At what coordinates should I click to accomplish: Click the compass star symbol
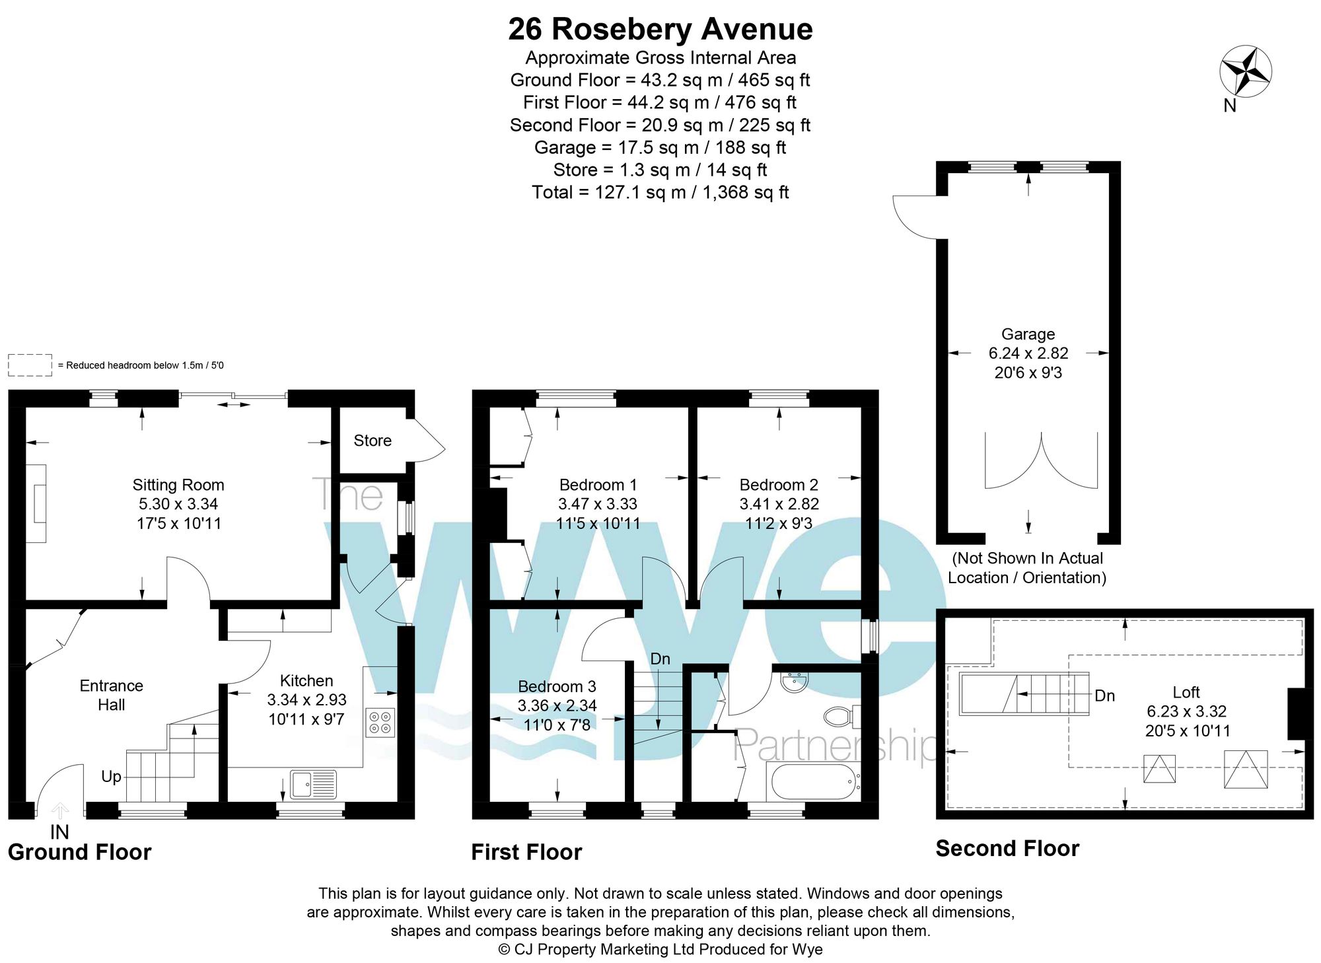coord(1245,71)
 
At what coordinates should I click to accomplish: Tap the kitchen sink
coord(314,784)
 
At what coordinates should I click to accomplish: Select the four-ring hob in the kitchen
coord(380,722)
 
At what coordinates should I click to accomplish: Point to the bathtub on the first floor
coord(812,781)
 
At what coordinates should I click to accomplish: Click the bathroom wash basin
coord(794,682)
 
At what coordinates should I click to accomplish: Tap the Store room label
coord(373,441)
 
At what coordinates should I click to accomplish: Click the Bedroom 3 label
coord(557,686)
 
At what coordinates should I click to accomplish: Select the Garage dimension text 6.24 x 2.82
coord(1028,353)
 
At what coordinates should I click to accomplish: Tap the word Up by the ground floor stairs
coord(111,776)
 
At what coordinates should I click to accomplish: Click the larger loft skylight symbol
coord(1245,769)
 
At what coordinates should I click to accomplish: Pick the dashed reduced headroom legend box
coord(30,365)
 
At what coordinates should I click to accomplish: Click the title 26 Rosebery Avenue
coord(660,29)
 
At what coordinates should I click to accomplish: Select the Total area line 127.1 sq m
coord(660,192)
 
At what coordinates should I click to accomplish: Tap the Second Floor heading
coord(1007,848)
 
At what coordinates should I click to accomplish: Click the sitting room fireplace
coord(36,504)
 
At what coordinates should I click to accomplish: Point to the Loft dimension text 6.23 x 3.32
coord(1186,711)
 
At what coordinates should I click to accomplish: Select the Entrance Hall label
coord(111,695)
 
